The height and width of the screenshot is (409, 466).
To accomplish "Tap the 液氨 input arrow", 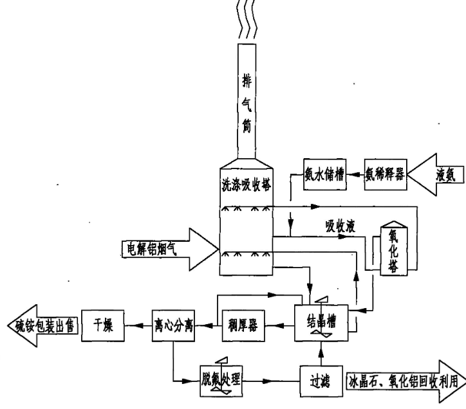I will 438,174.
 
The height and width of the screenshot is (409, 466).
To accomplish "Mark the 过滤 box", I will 319,379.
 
